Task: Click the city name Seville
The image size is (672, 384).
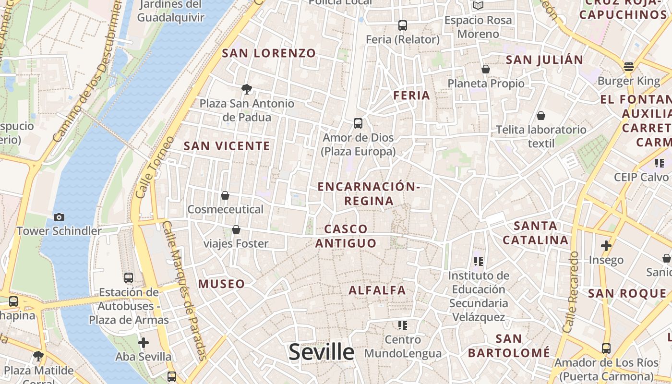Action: point(322,352)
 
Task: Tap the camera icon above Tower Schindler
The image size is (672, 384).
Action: point(59,217)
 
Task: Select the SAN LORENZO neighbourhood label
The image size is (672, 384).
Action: point(269,53)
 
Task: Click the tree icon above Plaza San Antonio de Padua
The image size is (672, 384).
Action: point(247,89)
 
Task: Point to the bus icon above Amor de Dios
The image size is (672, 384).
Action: point(358,123)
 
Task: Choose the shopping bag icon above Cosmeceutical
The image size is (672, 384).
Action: point(225,195)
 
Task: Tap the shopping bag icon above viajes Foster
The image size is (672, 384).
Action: point(236,229)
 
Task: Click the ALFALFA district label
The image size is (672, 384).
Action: point(377,290)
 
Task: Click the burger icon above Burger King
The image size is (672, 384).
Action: point(628,67)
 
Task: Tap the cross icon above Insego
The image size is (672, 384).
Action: point(606,246)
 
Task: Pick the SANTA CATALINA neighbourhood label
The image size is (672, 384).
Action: point(536,233)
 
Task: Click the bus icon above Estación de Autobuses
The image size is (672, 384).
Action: point(129,277)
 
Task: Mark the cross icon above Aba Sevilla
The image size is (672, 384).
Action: point(143,343)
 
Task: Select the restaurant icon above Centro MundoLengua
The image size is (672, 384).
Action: point(403,325)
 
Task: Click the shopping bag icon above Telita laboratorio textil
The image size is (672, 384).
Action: point(541,116)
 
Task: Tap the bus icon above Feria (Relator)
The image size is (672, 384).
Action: point(403,25)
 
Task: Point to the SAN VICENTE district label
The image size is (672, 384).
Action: point(227,146)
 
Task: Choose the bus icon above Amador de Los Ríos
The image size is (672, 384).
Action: point(606,348)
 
